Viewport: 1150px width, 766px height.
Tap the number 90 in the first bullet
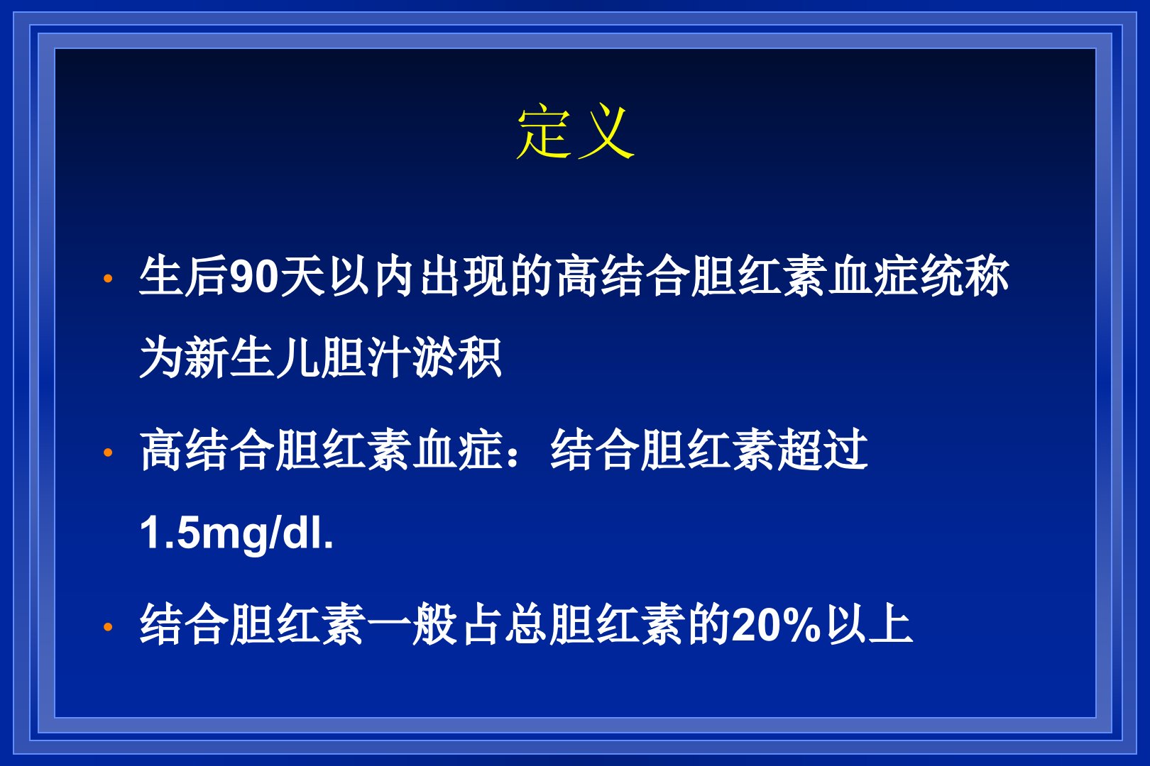[x=253, y=277]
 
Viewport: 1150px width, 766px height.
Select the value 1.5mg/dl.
[x=236, y=533]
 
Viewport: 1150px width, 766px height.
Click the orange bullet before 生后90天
[x=108, y=279]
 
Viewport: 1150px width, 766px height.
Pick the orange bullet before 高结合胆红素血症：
[x=108, y=452]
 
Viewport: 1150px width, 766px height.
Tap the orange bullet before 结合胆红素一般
[x=108, y=626]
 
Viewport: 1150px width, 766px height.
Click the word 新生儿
[x=252, y=357]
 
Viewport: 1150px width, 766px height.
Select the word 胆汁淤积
[x=411, y=357]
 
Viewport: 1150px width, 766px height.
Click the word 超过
[x=823, y=450]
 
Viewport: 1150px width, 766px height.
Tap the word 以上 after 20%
[x=868, y=624]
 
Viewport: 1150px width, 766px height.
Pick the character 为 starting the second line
[x=161, y=357]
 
